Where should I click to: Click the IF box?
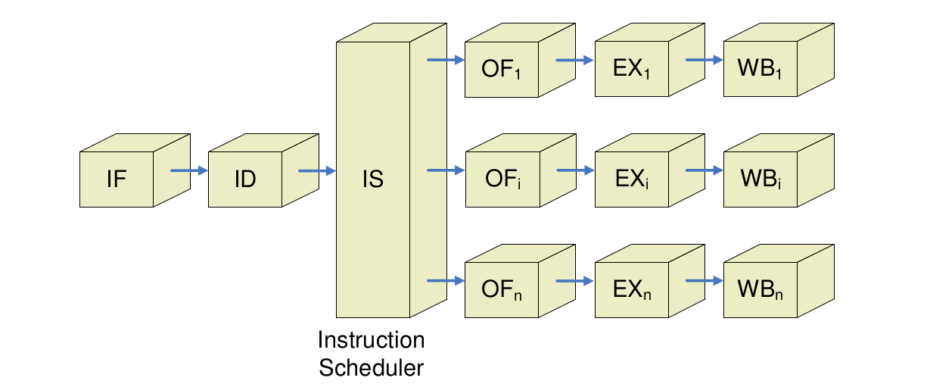click(x=117, y=179)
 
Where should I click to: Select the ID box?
click(x=245, y=179)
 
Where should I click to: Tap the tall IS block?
click(x=373, y=179)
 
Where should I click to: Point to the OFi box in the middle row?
click(x=502, y=180)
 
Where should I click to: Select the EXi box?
click(x=630, y=180)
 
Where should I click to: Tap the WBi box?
click(x=759, y=180)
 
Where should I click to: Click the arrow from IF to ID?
click(x=188, y=170)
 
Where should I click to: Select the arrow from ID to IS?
click(x=317, y=170)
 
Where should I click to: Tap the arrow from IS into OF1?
click(x=446, y=60)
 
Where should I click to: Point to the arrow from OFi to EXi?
click(x=575, y=170)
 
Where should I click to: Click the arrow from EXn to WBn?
click(x=704, y=281)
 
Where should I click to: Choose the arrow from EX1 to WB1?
click(x=704, y=60)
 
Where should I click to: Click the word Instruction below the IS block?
click(x=371, y=340)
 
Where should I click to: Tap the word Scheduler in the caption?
click(x=371, y=368)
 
